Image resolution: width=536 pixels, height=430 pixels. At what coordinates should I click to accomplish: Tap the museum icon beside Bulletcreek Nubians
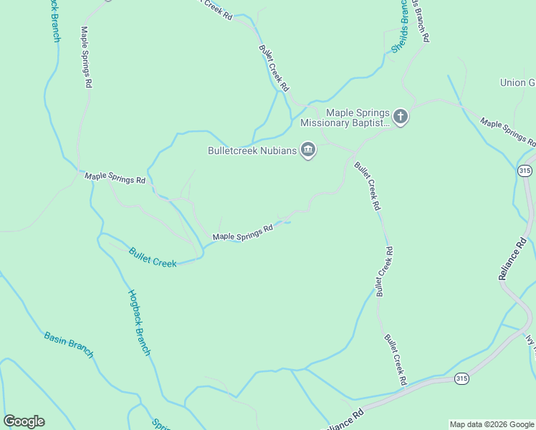pyautogui.click(x=308, y=150)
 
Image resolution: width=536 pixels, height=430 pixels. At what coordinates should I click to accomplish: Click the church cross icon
pyautogui.click(x=400, y=116)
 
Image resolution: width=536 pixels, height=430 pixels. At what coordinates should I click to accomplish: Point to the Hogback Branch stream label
pyautogui.click(x=139, y=322)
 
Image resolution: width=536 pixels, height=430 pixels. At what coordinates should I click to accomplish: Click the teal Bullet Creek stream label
pyautogui.click(x=153, y=257)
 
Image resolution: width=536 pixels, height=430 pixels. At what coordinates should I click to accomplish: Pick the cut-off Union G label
pyautogui.click(x=517, y=82)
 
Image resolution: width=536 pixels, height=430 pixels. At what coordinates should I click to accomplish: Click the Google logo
pyautogui.click(x=24, y=421)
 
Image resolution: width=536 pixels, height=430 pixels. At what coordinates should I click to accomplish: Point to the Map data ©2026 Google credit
pyautogui.click(x=492, y=424)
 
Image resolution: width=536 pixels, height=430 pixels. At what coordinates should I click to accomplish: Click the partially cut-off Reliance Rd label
pyautogui.click(x=345, y=419)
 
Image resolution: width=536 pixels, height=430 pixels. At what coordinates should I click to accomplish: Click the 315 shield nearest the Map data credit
pyautogui.click(x=462, y=378)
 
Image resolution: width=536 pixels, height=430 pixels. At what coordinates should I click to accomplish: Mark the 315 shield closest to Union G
pyautogui.click(x=525, y=171)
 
